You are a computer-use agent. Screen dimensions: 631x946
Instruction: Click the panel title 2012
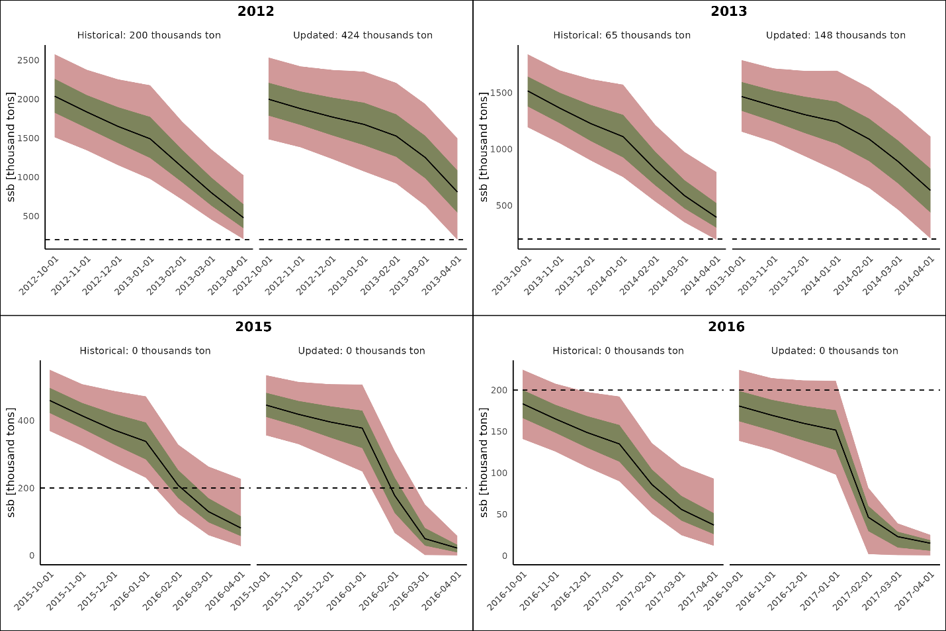click(255, 11)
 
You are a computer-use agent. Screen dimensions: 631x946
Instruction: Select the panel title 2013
click(728, 11)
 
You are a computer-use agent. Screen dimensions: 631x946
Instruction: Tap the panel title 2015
click(253, 327)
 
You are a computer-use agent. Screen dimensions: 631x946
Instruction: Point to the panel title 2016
click(726, 327)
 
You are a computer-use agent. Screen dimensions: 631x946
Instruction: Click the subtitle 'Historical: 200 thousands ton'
click(149, 35)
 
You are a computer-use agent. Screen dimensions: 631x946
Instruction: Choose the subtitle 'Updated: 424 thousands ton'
click(363, 35)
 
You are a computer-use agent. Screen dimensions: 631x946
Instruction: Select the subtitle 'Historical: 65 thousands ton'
click(622, 35)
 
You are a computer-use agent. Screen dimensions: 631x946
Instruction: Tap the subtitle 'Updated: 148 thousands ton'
click(836, 35)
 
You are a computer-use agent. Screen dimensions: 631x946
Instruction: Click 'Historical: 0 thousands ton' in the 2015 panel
click(145, 351)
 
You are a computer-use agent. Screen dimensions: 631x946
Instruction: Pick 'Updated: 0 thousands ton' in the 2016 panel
click(834, 351)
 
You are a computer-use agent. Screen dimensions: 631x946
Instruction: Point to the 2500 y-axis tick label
click(28, 60)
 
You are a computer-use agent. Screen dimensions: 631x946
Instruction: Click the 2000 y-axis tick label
click(28, 99)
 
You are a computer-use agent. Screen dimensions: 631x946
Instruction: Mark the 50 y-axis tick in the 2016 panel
click(501, 514)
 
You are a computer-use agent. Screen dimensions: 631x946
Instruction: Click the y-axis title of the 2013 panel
click(484, 147)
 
